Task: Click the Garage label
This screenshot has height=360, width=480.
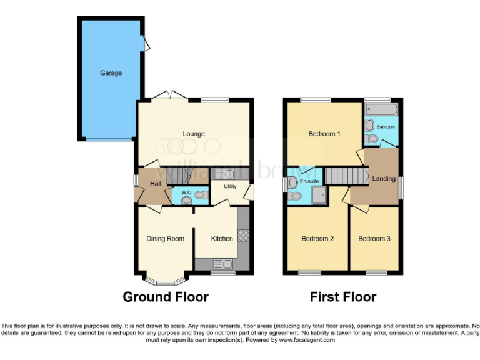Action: coord(111,73)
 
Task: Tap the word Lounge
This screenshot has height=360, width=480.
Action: coord(194,134)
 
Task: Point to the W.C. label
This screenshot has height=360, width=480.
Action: coord(186,192)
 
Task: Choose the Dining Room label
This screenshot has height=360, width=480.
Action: coord(166,239)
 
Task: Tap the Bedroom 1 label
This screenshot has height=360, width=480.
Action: coord(324,134)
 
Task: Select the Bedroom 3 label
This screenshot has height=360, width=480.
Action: coord(374,239)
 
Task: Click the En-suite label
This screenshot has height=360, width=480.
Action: coord(309,182)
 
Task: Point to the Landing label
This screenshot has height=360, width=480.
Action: coord(384,179)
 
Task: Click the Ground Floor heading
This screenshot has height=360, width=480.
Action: coord(166,297)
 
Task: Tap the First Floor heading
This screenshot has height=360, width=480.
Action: coord(343,297)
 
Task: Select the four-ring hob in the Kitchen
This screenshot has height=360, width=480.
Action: coord(243,236)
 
